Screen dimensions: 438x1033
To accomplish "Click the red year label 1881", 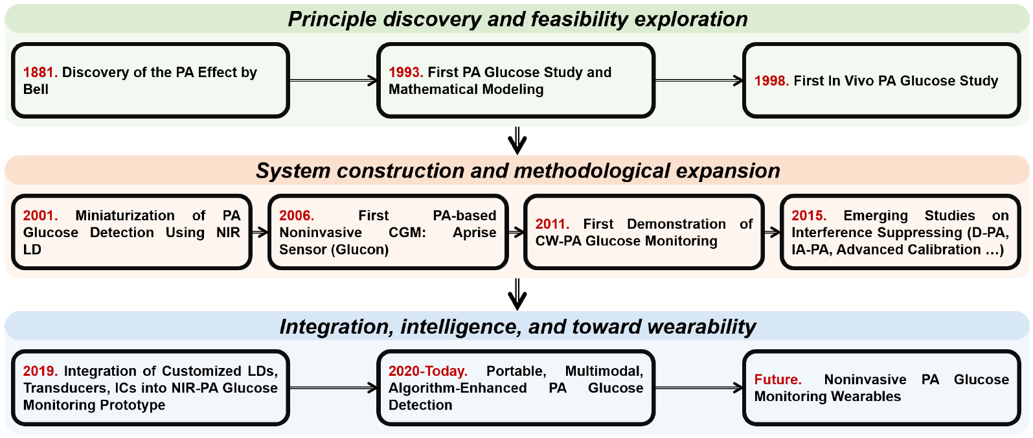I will pyautogui.click(x=40, y=73).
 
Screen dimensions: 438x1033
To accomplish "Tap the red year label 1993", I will pyautogui.click(x=405, y=73).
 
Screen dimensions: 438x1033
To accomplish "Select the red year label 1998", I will pyautogui.click(x=771, y=81).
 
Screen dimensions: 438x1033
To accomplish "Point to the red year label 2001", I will pyautogui.click(x=40, y=216).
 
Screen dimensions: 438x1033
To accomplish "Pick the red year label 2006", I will pyautogui.click(x=296, y=216).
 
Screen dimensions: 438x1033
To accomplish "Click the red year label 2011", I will pyautogui.click(x=552, y=224).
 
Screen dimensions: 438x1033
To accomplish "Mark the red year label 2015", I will pyautogui.click(x=808, y=216).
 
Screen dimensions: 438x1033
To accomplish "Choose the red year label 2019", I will pyautogui.click(x=40, y=371).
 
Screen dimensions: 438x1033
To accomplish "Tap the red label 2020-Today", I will pyautogui.click(x=427, y=371).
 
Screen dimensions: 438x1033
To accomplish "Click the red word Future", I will pyautogui.click(x=777, y=380).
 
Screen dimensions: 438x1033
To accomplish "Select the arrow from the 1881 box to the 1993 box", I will pyautogui.click(x=333, y=81).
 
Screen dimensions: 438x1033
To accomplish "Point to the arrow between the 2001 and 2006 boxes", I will pyautogui.click(x=260, y=232).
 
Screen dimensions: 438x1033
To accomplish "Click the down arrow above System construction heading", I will pyautogui.click(x=517, y=141).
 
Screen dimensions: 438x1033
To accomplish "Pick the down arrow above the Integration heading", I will pyautogui.click(x=517, y=295).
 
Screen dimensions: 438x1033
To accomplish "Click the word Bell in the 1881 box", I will pyautogui.click(x=36, y=89).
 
